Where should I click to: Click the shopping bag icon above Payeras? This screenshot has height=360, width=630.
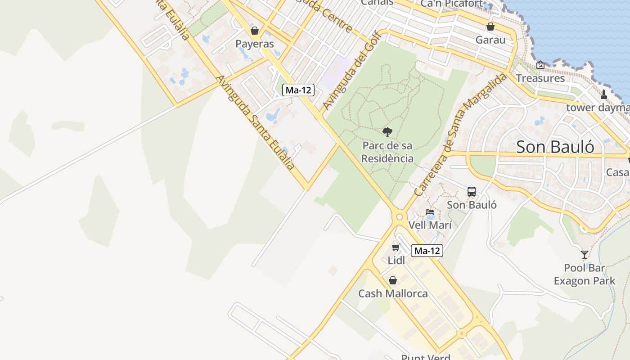click(255, 31)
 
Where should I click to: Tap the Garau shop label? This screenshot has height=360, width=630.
click(490, 40)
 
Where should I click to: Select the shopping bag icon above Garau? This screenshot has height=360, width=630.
click(490, 27)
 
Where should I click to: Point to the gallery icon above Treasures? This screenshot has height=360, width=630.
click(540, 65)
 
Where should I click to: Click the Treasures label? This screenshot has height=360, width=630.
click(540, 78)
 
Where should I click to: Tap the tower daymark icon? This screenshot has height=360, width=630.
click(604, 94)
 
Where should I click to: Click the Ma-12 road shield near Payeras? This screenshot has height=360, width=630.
click(299, 90)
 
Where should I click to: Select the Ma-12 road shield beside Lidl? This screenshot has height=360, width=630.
click(427, 251)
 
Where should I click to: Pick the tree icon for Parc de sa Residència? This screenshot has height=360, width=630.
click(387, 132)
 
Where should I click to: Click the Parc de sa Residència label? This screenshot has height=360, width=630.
click(387, 152)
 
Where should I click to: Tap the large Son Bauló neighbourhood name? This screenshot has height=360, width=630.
click(555, 147)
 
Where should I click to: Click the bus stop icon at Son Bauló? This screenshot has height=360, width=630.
click(472, 192)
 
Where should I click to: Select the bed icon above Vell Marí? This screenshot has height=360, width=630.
click(430, 212)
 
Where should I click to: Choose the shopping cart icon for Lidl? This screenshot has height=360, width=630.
click(396, 247)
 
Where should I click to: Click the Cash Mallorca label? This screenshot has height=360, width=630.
click(393, 294)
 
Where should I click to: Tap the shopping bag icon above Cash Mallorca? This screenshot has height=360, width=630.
click(393, 280)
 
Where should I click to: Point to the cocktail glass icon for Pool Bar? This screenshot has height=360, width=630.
click(585, 255)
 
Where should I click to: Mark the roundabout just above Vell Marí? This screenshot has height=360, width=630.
click(399, 217)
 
